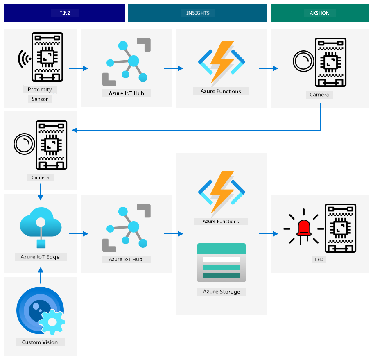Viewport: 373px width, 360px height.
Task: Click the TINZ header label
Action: pyautogui.click(x=65, y=13)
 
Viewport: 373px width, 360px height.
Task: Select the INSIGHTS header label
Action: pyautogui.click(x=198, y=13)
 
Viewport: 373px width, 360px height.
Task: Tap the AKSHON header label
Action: pyautogui.click(x=319, y=13)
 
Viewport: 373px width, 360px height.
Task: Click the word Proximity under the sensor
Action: pyautogui.click(x=40, y=89)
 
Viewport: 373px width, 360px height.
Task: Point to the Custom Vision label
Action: pyautogui.click(x=40, y=342)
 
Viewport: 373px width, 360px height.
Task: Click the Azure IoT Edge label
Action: pyautogui.click(x=40, y=257)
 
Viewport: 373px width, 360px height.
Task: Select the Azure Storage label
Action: pyautogui.click(x=221, y=292)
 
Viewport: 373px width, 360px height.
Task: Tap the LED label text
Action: pyautogui.click(x=319, y=259)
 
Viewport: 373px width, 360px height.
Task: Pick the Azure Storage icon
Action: pyautogui.click(x=222, y=263)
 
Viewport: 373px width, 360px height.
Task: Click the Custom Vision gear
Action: pyautogui.click(x=52, y=322)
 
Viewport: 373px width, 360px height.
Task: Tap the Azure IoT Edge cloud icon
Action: pyautogui.click(x=41, y=222)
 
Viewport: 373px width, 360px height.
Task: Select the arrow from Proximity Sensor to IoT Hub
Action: pyautogui.click(x=79, y=68)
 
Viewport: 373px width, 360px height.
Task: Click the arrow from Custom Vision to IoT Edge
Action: pyautogui.click(x=41, y=275)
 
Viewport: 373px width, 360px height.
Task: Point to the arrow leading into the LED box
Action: pyautogui.click(x=268, y=234)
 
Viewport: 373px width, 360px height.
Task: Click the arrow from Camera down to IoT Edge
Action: pyautogui.click(x=41, y=192)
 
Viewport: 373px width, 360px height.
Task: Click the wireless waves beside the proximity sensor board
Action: pyautogui.click(x=23, y=59)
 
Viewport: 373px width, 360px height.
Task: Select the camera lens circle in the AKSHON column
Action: pyautogui.click(x=303, y=61)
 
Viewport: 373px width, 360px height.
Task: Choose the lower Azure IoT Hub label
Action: pyautogui.click(x=126, y=259)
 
